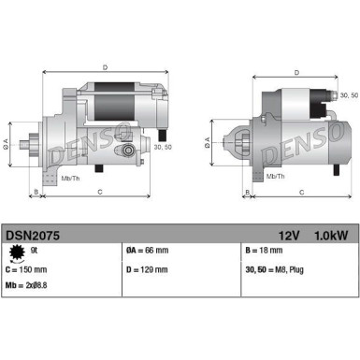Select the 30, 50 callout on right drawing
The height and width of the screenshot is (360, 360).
[x=348, y=95]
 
